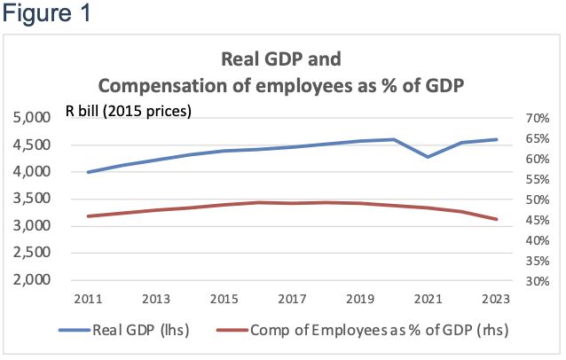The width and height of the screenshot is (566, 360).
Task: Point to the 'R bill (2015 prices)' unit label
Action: click(x=129, y=111)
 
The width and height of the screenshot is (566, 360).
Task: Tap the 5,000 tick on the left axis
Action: click(x=34, y=118)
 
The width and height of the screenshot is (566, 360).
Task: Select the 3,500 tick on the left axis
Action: click(x=34, y=199)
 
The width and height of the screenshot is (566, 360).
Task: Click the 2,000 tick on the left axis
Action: click(x=34, y=280)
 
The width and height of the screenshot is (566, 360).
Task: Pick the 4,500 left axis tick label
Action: click(x=34, y=145)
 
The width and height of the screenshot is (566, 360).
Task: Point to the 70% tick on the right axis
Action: click(x=538, y=118)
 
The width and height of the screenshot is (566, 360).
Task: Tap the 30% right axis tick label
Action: click(x=538, y=281)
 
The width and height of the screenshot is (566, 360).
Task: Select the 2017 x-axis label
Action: click(x=292, y=299)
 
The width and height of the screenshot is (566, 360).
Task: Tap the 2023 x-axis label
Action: click(x=496, y=299)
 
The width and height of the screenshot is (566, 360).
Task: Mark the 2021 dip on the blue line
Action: click(x=428, y=157)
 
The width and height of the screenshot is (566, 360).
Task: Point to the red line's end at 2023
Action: click(x=496, y=219)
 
